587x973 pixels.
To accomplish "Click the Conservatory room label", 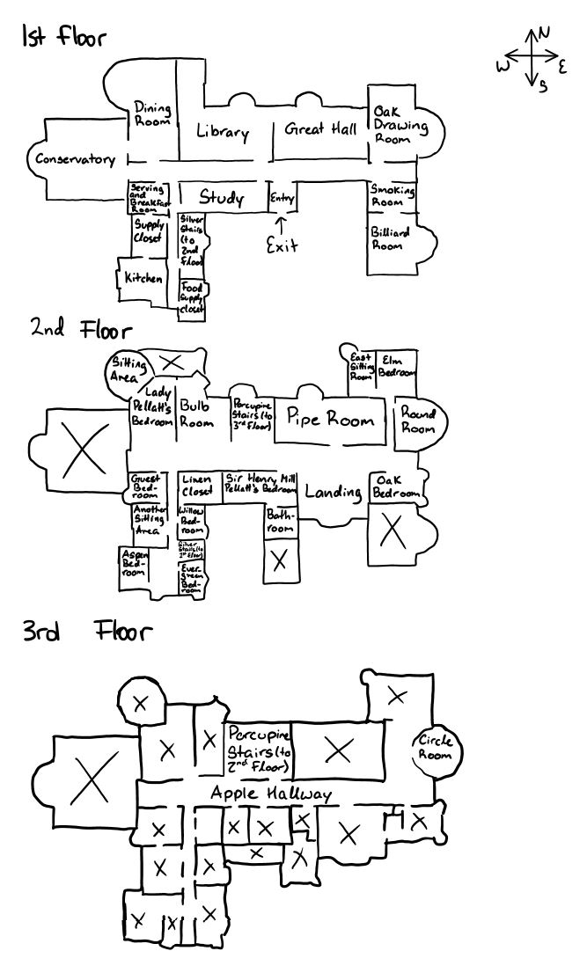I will tap(75, 160).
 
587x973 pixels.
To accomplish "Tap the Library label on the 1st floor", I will tap(222, 133).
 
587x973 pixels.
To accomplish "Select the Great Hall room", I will tap(320, 130).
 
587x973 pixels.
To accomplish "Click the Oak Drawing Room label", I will tap(400, 125).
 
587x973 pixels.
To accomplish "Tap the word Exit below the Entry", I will tap(282, 245).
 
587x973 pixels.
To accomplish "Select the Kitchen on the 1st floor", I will tap(143, 278).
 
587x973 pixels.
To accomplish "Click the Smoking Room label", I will tap(392, 195).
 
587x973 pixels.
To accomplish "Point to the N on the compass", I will tap(545, 33).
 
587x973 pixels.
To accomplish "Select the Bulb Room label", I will tap(196, 413).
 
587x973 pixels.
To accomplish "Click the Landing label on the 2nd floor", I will tap(334, 492).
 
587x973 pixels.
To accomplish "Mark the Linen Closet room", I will tap(197, 486).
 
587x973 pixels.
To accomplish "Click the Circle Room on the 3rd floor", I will tap(435, 747).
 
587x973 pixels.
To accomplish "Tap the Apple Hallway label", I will tap(271, 794).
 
